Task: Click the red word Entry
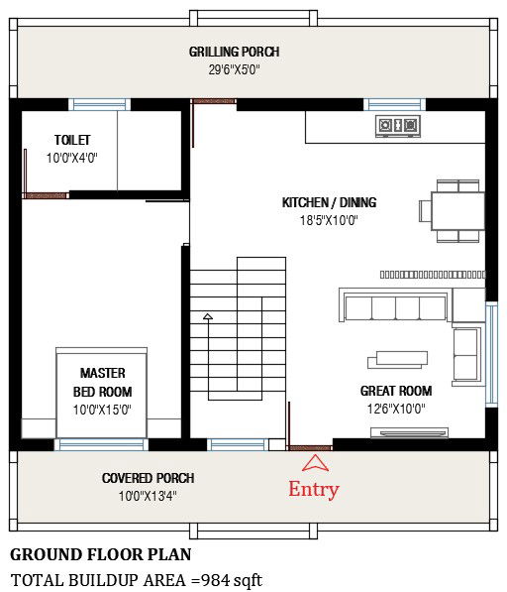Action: [x=313, y=489]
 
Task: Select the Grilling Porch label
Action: [x=234, y=52]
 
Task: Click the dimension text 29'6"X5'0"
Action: [x=234, y=70]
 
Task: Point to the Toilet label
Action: [x=71, y=141]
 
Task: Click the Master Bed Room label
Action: [x=102, y=382]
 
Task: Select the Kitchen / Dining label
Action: [x=329, y=202]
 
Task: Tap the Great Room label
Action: [x=395, y=391]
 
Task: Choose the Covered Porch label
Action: [x=148, y=478]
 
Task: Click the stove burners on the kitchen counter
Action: [x=396, y=125]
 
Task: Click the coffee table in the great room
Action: [x=399, y=358]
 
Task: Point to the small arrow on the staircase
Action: [x=207, y=317]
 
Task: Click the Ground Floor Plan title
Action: [x=100, y=554]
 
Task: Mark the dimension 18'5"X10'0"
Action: [x=329, y=221]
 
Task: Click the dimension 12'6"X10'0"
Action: [x=395, y=408]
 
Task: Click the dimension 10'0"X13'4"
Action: [x=148, y=496]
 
